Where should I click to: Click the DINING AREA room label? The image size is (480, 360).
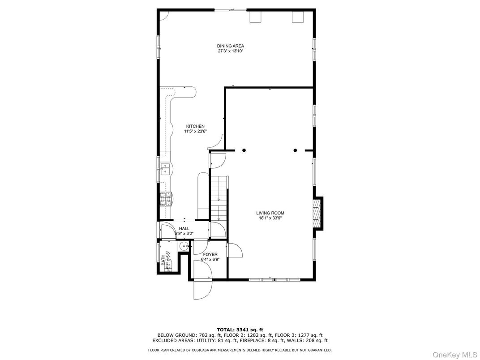point(230,46)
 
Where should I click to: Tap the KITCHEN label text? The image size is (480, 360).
point(195,126)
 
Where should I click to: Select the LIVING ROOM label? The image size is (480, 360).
point(270,213)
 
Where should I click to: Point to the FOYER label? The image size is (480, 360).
point(210,254)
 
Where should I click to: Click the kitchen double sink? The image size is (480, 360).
point(165,169)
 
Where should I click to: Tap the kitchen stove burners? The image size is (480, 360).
point(165,198)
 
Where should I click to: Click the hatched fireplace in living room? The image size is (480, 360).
point(317,213)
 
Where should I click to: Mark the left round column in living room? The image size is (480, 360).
point(244,150)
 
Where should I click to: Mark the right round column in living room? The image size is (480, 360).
point(295,150)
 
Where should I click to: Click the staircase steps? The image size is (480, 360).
point(219,197)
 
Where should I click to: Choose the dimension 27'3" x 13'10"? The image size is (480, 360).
point(230,51)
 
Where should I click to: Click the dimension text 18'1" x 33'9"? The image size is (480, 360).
point(270,219)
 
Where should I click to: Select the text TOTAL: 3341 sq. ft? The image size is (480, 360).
point(240,330)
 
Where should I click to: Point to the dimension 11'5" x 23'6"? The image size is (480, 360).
point(195,132)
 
